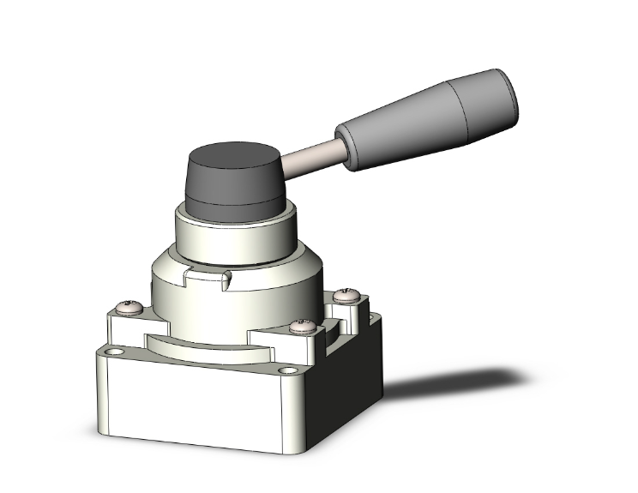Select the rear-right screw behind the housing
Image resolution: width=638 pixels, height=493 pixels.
tap(348, 295)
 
